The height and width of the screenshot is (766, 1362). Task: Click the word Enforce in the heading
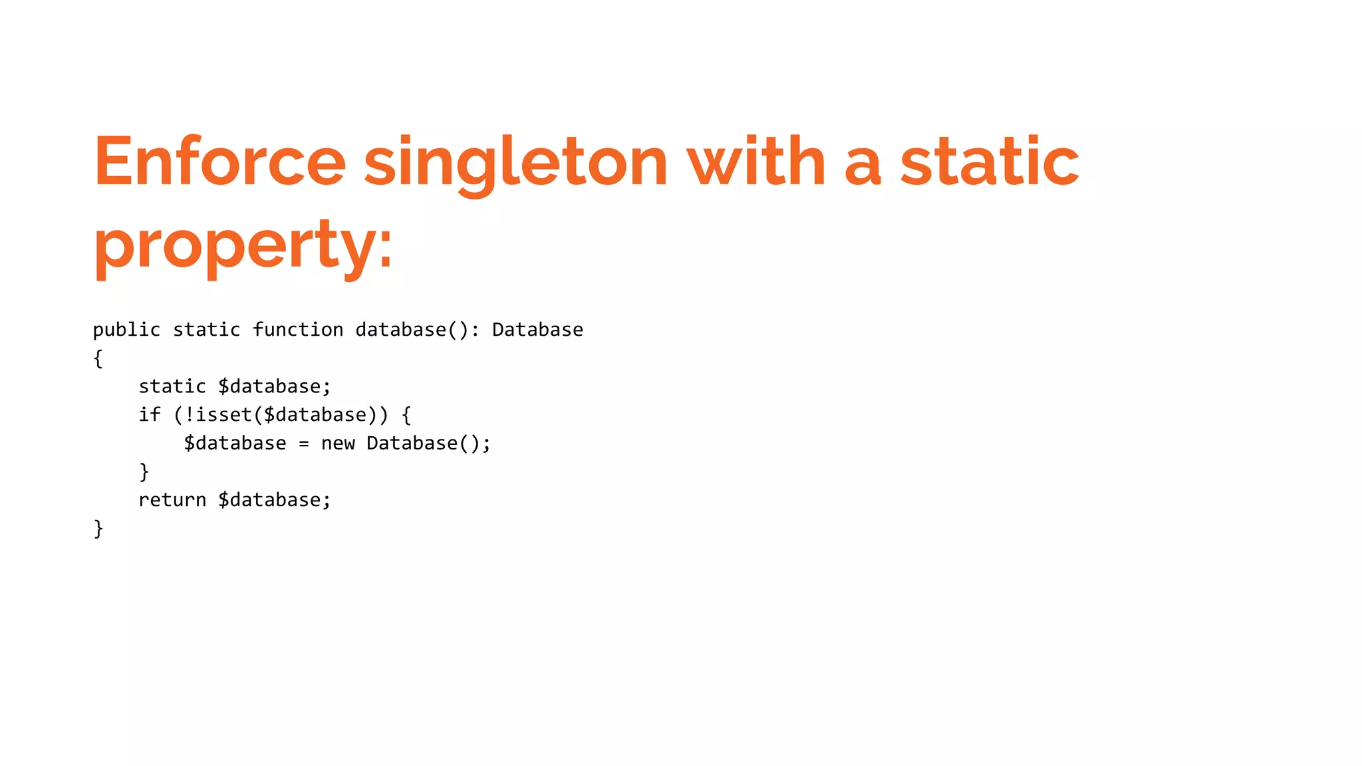220,162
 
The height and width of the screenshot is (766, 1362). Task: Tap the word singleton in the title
515,163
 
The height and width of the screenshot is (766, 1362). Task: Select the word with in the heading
756,162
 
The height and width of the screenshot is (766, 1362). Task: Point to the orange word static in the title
990,162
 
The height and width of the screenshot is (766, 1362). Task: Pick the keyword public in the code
126,330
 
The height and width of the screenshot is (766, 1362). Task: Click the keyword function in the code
298,330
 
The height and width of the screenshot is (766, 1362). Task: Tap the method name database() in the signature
412,330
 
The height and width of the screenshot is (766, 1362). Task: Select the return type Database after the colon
537,330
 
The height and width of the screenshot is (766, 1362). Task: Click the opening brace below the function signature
98,359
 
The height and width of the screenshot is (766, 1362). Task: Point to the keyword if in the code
150,415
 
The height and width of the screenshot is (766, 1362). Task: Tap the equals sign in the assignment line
304,444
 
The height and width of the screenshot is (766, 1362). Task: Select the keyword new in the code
338,444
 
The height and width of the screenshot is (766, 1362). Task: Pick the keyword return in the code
172,500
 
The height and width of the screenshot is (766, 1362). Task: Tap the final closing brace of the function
98,529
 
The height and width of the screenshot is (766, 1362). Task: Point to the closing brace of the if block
144,472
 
